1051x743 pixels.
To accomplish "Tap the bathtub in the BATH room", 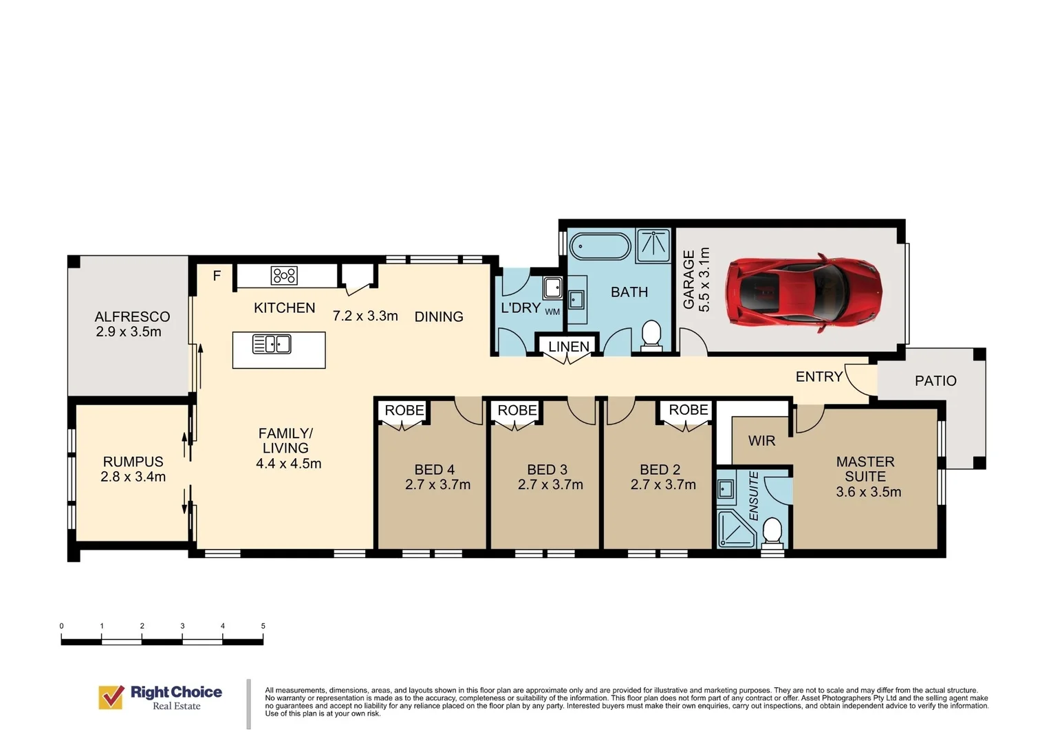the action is tap(600, 246).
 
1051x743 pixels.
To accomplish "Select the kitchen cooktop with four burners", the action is tap(284, 275).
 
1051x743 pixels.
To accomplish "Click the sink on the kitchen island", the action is tap(271, 344).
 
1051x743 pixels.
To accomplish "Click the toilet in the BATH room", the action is tap(651, 335).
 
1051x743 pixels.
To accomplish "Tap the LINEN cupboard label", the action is tap(569, 346).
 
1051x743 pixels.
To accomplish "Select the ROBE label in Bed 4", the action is tap(404, 410).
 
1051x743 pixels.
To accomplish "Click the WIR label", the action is tap(761, 441).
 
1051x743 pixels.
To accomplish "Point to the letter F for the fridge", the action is tap(217, 275).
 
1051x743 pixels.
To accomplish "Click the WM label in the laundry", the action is tap(552, 312).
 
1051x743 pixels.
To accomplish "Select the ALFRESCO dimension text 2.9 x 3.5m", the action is tap(129, 332).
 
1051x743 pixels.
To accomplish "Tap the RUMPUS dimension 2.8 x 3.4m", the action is tap(133, 477).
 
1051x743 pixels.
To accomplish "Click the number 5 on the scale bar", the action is tap(263, 625).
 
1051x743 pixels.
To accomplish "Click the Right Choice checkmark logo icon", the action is tap(111, 697).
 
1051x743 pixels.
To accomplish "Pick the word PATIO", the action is tap(935, 380).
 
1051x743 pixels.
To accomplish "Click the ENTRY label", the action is tap(819, 376).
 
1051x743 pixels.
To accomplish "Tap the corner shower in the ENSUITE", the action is tap(737, 530).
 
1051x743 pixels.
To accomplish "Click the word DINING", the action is tap(439, 317).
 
